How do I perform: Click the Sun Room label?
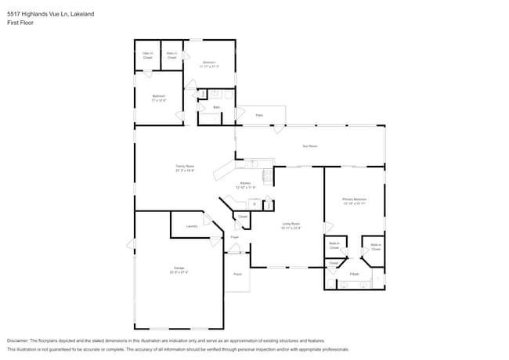point(310,146)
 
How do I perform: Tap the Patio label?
point(259,115)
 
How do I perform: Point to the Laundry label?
point(191,226)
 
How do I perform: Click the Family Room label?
point(185,167)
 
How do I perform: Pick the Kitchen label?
point(245,185)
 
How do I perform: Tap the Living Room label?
point(291,225)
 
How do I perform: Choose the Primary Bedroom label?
point(354,201)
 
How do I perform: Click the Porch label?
point(237,275)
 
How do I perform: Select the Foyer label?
point(234,236)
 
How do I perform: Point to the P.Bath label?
point(355,274)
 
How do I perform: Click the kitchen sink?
point(253,164)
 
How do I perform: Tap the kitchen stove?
point(269,176)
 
